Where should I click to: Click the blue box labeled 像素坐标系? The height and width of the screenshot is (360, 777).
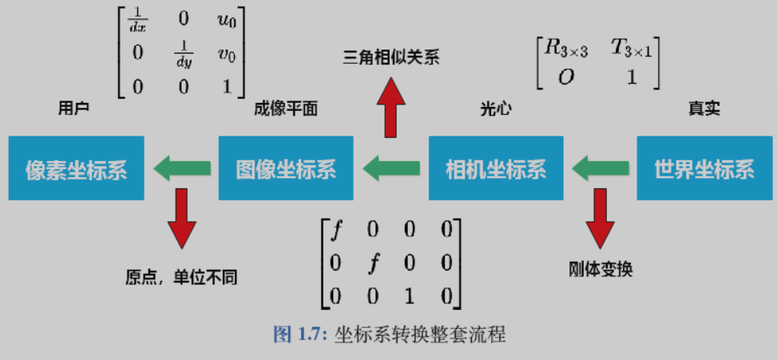click(x=77, y=168)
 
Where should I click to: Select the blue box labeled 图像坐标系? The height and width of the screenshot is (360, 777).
click(x=286, y=168)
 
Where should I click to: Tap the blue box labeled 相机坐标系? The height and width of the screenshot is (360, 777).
click(x=496, y=168)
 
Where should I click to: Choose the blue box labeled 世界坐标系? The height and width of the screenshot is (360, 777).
click(x=704, y=168)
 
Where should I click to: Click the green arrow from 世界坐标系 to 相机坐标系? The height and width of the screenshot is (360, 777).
click(x=600, y=169)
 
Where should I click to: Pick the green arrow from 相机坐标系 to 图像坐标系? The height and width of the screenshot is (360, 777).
click(x=391, y=169)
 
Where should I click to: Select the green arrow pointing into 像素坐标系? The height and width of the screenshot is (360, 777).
click(x=182, y=169)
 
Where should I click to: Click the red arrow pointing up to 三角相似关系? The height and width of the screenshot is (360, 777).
click(x=391, y=108)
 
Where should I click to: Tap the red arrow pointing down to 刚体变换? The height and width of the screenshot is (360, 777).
click(x=600, y=219)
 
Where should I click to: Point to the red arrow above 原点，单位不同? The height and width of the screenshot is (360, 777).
click(x=182, y=219)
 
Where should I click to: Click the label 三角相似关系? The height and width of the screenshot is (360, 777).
click(x=391, y=58)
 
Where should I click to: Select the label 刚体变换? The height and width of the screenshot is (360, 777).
click(x=601, y=269)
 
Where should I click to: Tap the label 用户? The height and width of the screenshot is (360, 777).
click(x=73, y=109)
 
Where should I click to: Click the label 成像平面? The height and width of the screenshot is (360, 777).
click(x=285, y=109)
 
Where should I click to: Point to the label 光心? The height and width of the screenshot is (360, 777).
click(x=496, y=109)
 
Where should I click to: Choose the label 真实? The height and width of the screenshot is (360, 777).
click(x=704, y=109)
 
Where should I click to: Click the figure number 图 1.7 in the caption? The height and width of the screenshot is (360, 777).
click(x=299, y=335)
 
